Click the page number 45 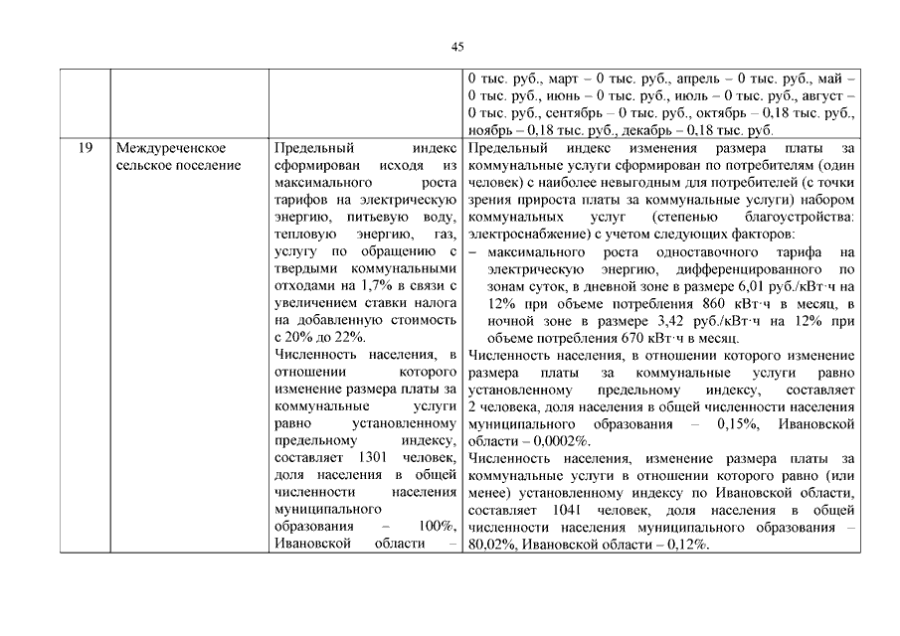tap(457, 47)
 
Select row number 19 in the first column tap(85, 148)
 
